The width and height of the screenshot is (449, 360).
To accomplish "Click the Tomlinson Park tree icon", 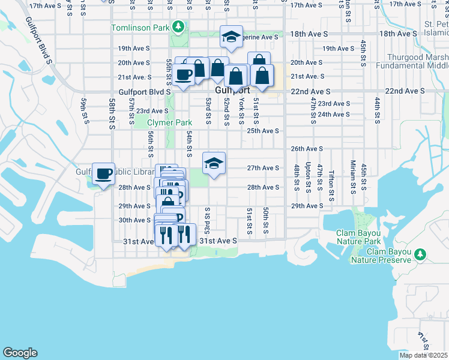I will [178, 26].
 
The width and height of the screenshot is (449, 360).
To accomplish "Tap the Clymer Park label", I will [170, 123].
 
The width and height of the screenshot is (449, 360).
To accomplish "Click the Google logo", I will [20, 353].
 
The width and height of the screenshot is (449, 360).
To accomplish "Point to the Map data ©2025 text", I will [423, 355].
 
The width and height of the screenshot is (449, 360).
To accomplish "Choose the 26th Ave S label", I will [307, 148].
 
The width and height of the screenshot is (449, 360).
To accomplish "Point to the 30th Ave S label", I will [134, 220].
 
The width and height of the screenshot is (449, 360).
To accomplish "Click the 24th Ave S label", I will [333, 114].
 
